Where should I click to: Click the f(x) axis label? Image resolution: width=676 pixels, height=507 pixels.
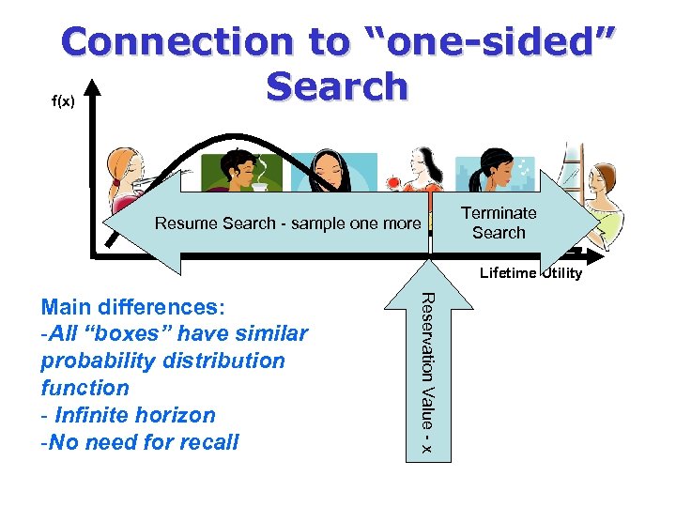click(x=63, y=100)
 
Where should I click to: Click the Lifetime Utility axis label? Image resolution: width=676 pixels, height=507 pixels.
click(x=530, y=273)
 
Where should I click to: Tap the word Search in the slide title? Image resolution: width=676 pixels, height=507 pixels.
click(x=337, y=86)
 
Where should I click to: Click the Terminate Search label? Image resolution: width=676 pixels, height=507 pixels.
click(x=499, y=223)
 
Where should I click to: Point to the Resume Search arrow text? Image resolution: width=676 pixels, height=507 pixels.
click(x=287, y=223)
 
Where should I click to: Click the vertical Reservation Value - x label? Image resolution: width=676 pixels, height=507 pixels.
click(x=425, y=374)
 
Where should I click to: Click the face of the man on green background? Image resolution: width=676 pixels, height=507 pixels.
click(x=238, y=171)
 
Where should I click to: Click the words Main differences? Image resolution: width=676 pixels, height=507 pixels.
click(x=132, y=306)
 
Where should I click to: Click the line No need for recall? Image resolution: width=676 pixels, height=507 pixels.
click(x=140, y=442)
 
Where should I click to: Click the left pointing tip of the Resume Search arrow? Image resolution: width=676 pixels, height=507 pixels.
click(x=106, y=223)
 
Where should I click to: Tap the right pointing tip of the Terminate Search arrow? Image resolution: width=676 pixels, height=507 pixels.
click(x=596, y=223)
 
